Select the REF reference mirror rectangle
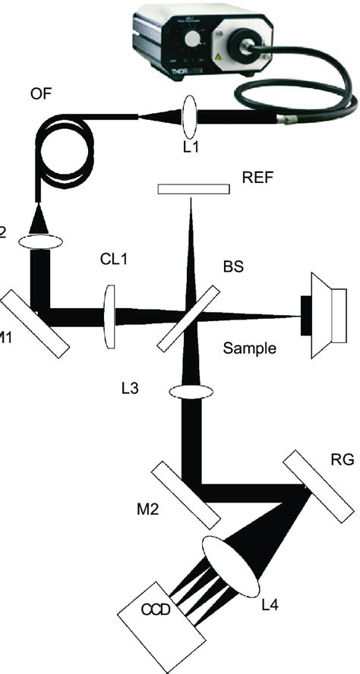(193, 187)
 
